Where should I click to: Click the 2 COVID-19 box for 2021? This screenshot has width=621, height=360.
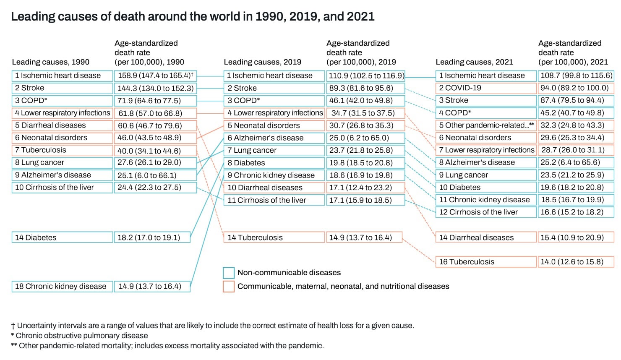click(485, 88)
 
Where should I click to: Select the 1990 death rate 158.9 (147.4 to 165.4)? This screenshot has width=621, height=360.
click(155, 76)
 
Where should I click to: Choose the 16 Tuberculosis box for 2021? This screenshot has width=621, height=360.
click(485, 262)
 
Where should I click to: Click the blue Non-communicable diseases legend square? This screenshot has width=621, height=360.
click(229, 273)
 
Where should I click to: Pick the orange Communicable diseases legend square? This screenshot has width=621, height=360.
click(229, 287)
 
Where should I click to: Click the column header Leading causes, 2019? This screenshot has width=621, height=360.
click(262, 62)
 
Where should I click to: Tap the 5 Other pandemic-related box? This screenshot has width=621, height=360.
click(485, 125)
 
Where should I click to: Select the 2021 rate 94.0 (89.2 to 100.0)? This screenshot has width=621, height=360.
click(575, 88)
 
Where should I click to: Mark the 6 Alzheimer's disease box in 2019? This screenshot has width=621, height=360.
click(274, 138)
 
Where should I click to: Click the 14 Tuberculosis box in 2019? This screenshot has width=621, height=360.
click(274, 237)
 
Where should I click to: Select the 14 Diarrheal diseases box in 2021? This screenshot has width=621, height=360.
click(485, 237)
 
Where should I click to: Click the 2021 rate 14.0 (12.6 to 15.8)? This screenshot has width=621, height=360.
click(575, 262)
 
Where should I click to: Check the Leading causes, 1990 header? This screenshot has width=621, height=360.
click(50, 62)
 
